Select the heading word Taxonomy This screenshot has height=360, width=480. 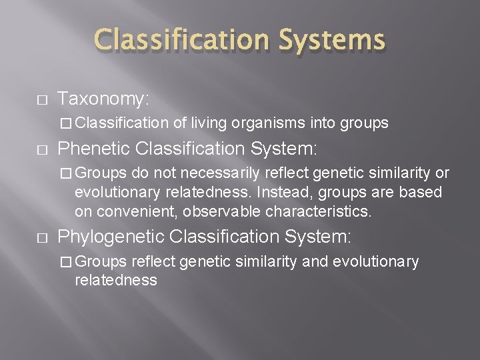(102, 99)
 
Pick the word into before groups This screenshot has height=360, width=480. (325, 123)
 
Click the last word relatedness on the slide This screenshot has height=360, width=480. (116, 280)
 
